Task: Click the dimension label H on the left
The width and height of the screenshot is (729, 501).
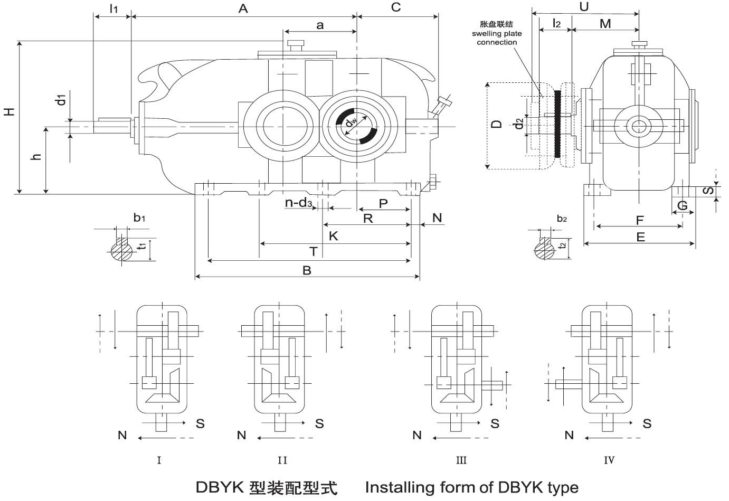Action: [x=9, y=111]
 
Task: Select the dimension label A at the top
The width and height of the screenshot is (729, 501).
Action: [x=243, y=8]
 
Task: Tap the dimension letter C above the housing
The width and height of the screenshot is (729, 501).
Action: [x=396, y=7]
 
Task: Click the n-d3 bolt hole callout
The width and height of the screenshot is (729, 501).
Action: [x=298, y=203]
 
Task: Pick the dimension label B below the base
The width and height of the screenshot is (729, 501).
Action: [x=307, y=270]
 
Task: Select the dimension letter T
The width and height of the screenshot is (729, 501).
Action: [x=313, y=251]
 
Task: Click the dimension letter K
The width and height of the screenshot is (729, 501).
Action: [x=333, y=236]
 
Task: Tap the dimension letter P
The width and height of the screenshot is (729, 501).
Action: [x=383, y=203]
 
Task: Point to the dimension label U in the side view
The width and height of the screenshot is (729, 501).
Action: [x=584, y=7]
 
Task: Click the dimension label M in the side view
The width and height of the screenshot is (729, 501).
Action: [x=605, y=24]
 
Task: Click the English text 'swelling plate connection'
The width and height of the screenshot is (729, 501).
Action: [x=497, y=38]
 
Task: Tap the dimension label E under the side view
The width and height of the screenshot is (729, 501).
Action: [x=640, y=237]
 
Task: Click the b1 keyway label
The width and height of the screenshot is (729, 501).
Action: [x=139, y=218]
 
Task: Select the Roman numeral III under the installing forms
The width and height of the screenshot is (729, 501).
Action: [x=461, y=460]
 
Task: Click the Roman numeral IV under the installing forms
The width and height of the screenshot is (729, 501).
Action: [x=609, y=460]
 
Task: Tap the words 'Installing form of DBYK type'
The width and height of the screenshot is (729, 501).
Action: [x=471, y=487]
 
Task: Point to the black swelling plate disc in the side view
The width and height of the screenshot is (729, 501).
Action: [x=558, y=124]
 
